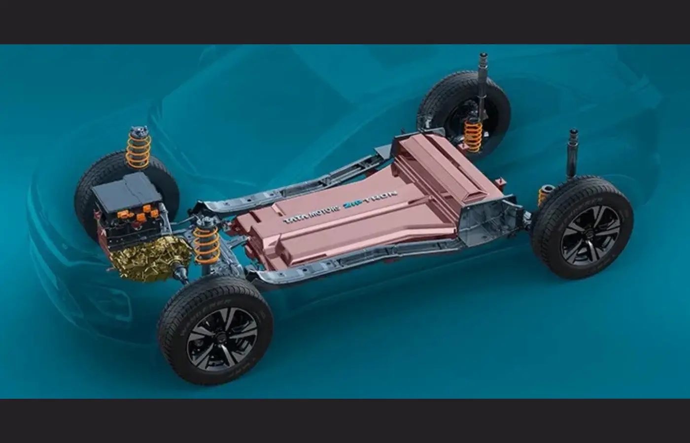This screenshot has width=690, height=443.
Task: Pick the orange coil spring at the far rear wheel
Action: tap(473, 135)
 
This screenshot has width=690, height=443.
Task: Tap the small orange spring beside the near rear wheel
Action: tap(544, 195)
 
